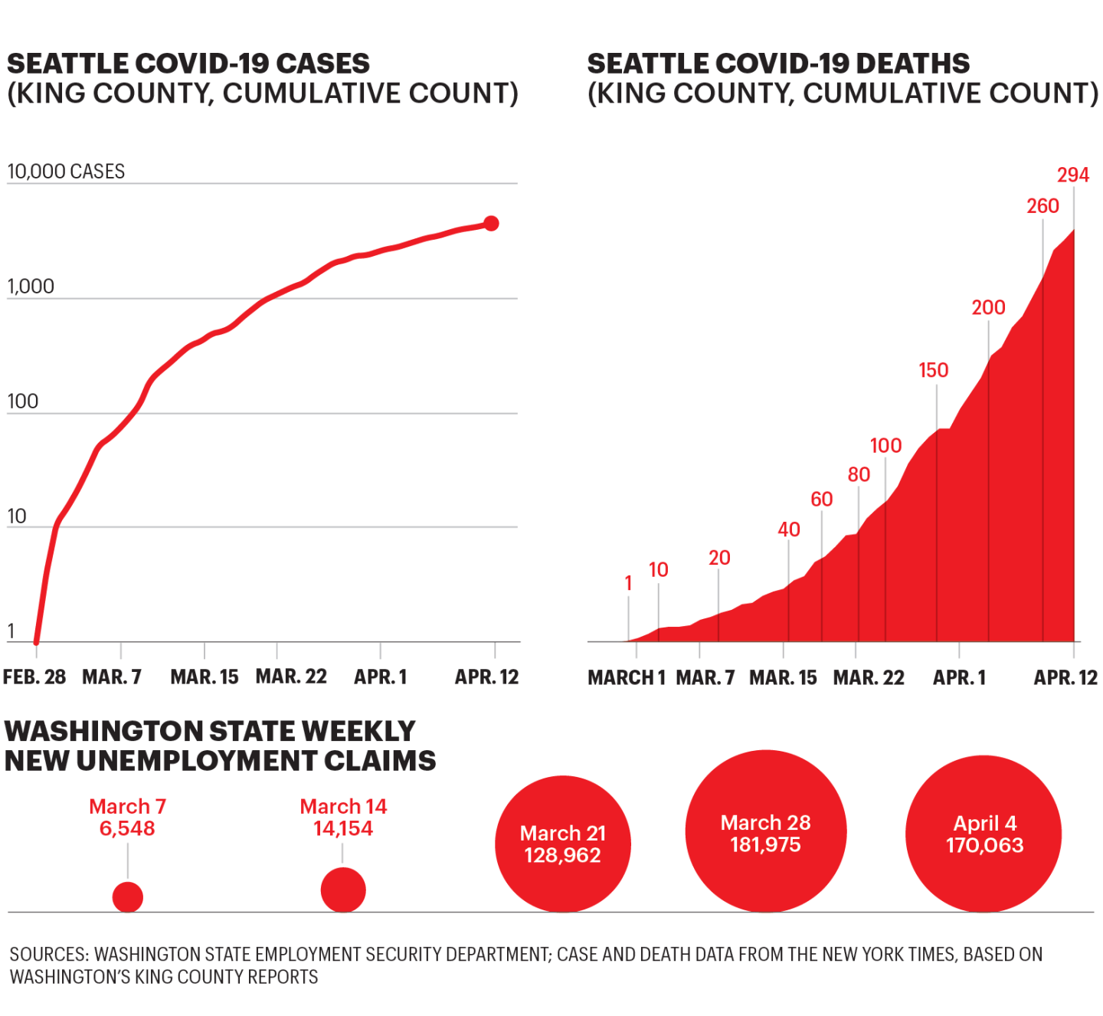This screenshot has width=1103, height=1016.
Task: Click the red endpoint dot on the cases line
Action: (491, 223)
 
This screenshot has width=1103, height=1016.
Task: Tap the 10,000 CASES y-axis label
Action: (66, 172)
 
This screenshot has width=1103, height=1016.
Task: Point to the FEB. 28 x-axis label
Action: (34, 677)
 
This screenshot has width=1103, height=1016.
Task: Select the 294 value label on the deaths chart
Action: (1072, 175)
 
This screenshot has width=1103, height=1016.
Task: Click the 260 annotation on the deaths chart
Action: (1042, 206)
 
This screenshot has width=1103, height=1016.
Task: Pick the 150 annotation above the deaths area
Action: (933, 371)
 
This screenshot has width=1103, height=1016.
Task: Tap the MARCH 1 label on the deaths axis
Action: (627, 678)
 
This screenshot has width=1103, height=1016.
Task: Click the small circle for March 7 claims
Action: (128, 897)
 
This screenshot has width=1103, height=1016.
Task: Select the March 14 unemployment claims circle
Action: (343, 890)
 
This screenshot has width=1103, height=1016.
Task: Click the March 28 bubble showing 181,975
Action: (765, 832)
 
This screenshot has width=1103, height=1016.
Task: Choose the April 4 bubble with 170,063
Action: (984, 834)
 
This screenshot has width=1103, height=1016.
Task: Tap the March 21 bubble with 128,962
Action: (563, 844)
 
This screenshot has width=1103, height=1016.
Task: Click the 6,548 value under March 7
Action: (127, 829)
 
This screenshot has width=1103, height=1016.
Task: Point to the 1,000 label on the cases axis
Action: (31, 287)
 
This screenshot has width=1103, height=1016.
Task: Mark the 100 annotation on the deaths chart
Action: (885, 446)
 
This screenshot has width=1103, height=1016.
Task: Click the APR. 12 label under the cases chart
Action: (486, 677)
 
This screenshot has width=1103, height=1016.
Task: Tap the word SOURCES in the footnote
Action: (50, 955)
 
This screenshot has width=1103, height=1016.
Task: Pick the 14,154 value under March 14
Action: (343, 829)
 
